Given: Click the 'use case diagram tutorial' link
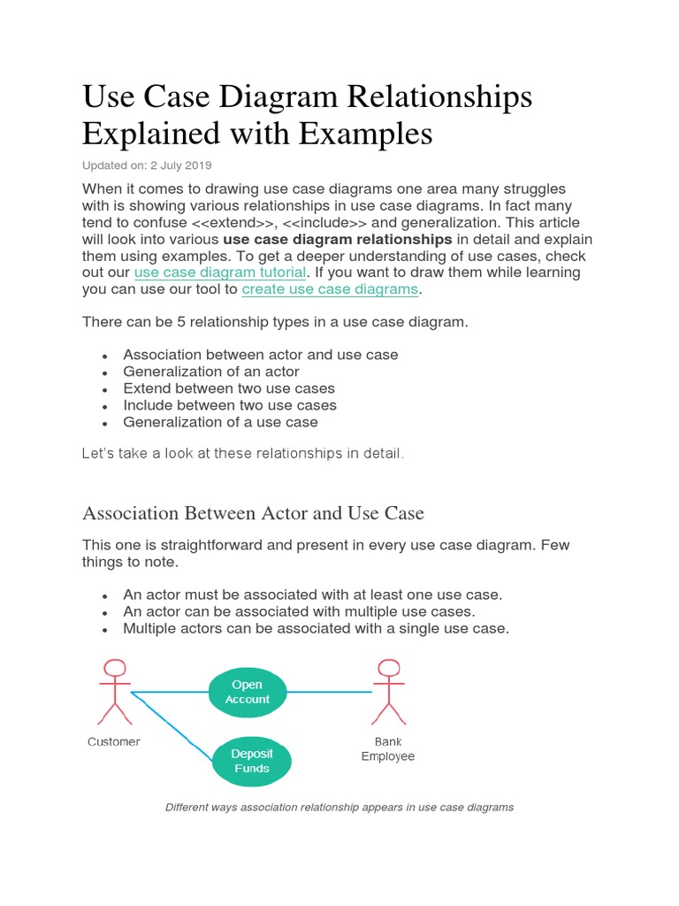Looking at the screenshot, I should click(220, 272).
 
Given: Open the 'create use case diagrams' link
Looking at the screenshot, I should click(330, 288).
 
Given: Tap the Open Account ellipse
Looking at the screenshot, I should click(248, 692).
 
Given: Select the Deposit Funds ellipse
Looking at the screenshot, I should click(252, 761).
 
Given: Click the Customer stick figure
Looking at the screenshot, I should click(114, 692).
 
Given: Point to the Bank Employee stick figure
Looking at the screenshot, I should click(387, 692).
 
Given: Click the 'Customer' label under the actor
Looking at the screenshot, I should click(113, 741).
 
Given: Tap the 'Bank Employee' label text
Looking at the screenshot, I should click(387, 749).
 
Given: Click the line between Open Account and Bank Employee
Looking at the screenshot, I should click(329, 692).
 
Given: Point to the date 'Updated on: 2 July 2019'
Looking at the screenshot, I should click(147, 165).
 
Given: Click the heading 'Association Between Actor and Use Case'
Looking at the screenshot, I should click(253, 513).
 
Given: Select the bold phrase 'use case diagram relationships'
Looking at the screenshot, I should click(337, 239).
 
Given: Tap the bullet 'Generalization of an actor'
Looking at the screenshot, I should click(211, 372).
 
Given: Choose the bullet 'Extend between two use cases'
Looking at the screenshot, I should click(229, 388).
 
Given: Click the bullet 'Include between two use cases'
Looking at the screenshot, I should click(230, 405).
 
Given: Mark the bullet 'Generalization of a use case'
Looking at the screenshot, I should click(220, 422).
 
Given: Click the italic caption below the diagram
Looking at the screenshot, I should click(339, 807).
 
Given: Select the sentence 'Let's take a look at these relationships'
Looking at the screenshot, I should click(242, 454).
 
